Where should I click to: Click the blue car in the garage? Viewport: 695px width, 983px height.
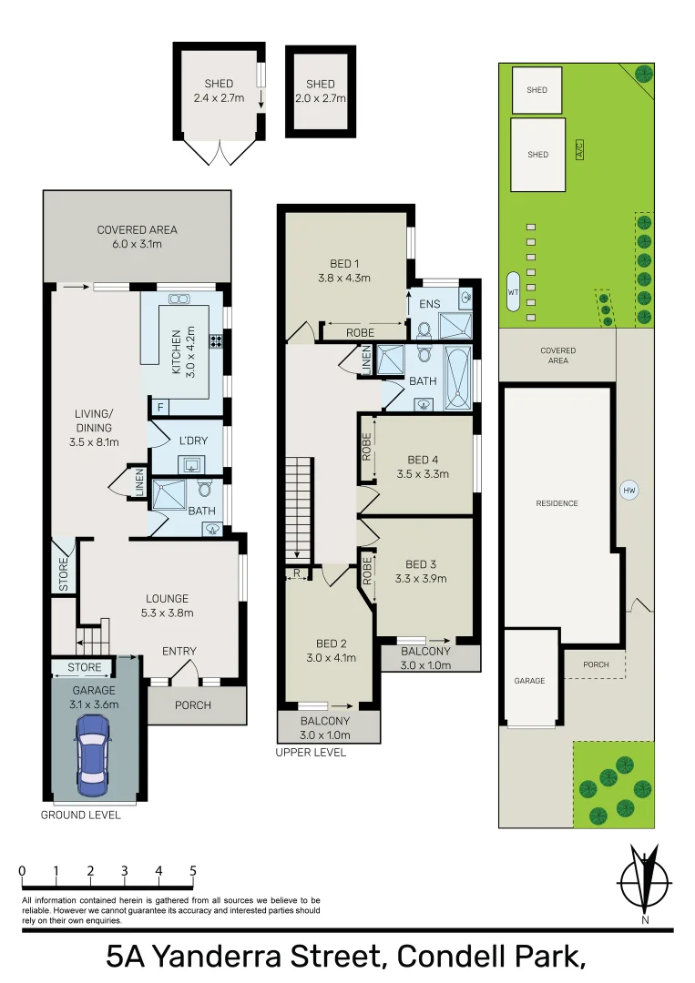tap(92, 755)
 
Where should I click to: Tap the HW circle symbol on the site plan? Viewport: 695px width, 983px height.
tap(629, 491)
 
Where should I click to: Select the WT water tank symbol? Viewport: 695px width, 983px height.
tap(513, 291)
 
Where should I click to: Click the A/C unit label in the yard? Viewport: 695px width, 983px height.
tap(579, 149)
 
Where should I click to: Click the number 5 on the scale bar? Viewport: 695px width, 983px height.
tap(193, 870)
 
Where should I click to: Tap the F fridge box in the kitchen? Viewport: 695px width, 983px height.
tap(160, 408)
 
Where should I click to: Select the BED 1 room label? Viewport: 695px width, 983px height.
tap(344, 263)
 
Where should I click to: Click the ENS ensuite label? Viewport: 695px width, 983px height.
tap(430, 303)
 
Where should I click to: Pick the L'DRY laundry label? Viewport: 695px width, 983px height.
tap(193, 441)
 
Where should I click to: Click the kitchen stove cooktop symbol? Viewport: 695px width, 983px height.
tap(217, 341)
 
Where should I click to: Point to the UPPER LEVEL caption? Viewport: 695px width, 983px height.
tap(312, 753)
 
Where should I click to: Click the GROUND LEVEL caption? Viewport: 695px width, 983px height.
tap(80, 815)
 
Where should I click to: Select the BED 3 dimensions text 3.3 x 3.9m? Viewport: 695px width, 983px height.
tap(421, 579)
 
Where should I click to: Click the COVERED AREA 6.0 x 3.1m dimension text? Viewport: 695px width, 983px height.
tap(138, 244)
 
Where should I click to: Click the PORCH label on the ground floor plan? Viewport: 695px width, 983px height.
tap(192, 705)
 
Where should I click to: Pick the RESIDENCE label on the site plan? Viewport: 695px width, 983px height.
tap(557, 503)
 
